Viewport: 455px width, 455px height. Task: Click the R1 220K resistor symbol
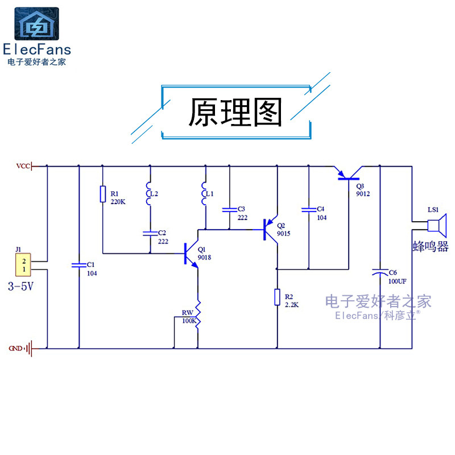pos(103,194)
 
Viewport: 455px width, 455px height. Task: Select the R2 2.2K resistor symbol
pos(277,297)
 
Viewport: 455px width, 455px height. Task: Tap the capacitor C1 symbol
pos(79,265)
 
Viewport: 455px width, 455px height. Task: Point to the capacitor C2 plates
pos(150,234)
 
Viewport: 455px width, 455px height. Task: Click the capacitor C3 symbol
pos(229,210)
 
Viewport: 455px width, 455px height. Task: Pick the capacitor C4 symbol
pos(309,210)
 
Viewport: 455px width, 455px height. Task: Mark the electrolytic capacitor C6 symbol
pos(380,272)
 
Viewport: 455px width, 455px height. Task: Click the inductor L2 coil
pos(149,194)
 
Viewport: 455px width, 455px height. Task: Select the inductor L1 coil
pos(204,194)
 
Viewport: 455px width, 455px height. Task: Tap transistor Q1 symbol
pos(190,254)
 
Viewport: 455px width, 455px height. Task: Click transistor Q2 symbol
pos(269,230)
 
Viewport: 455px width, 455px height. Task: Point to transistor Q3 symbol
pos(348,174)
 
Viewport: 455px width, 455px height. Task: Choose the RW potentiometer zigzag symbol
pos(198,315)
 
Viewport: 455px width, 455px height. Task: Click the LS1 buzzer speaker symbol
pos(437,226)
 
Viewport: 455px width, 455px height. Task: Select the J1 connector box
pos(23,264)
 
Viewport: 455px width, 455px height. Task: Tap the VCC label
pos(23,166)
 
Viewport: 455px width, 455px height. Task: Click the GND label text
pos(15,348)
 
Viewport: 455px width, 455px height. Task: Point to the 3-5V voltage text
pos(20,287)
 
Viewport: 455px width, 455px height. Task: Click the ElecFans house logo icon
pos(36,24)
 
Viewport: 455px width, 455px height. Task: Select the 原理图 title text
pos(235,112)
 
